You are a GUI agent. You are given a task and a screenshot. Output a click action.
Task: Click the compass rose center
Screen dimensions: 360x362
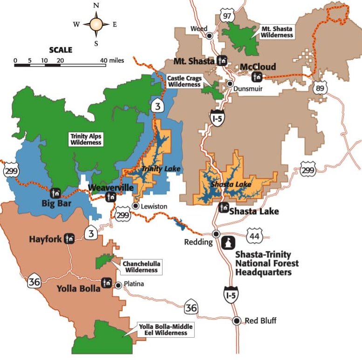(x=96, y=24)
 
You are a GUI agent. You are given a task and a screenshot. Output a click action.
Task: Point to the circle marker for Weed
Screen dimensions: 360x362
(x=210, y=35)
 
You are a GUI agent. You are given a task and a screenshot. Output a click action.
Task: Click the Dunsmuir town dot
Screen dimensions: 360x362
(x=230, y=84)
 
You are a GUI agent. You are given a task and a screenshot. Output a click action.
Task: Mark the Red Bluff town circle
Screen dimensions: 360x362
(x=237, y=320)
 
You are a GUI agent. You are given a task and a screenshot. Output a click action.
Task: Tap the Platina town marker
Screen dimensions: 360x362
(x=118, y=285)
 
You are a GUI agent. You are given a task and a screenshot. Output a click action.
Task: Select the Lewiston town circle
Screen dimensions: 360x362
(x=135, y=205)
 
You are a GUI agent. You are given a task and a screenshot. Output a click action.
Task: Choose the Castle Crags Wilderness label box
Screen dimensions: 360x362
(x=183, y=81)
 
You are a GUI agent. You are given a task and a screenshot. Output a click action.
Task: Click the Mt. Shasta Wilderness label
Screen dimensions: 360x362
(x=277, y=32)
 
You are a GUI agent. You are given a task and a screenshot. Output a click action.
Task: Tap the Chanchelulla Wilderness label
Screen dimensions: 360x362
(x=141, y=266)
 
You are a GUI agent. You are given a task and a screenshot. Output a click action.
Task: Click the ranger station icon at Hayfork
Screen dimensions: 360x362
(x=70, y=238)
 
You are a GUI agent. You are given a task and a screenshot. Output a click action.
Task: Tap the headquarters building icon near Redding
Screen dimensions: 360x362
(x=229, y=243)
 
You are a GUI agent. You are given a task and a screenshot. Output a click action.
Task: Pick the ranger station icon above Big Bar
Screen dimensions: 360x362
(x=56, y=192)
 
